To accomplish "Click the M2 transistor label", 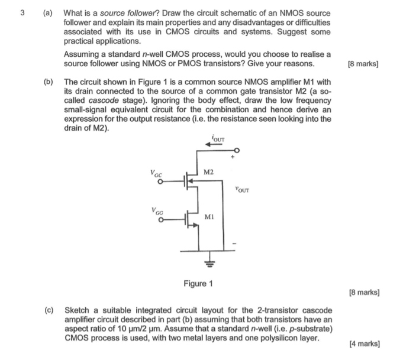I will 208,172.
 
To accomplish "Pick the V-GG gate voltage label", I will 156,209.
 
